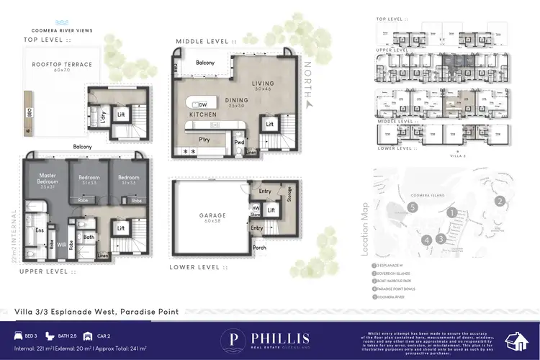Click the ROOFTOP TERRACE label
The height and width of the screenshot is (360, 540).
click(x=62, y=64)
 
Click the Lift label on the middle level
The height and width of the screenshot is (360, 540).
click(x=270, y=125)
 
